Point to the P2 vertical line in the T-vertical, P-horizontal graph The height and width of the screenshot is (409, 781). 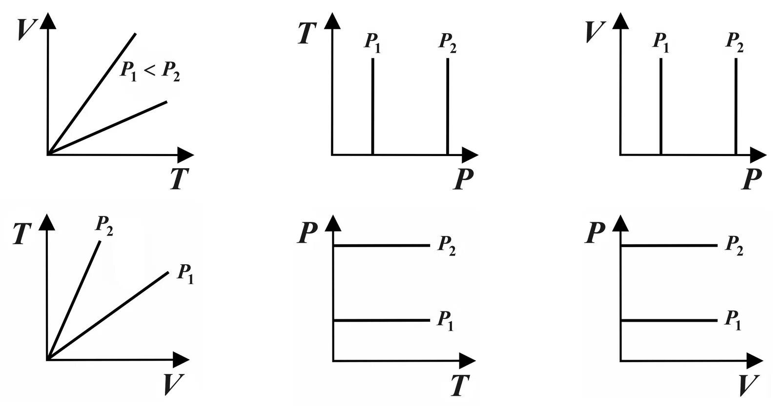(x=447, y=107)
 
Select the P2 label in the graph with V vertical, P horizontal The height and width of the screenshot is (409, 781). (x=735, y=42)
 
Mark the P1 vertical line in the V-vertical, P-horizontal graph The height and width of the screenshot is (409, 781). (x=660, y=107)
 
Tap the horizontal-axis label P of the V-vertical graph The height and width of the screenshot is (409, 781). (x=752, y=179)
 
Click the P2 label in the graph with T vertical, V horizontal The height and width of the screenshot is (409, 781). (x=104, y=225)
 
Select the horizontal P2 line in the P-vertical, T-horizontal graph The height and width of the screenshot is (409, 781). (x=381, y=246)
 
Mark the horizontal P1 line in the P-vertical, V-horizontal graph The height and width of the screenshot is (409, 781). (x=669, y=320)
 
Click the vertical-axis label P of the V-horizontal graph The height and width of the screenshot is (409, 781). (x=596, y=233)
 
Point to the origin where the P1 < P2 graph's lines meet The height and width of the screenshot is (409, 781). (x=47, y=155)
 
